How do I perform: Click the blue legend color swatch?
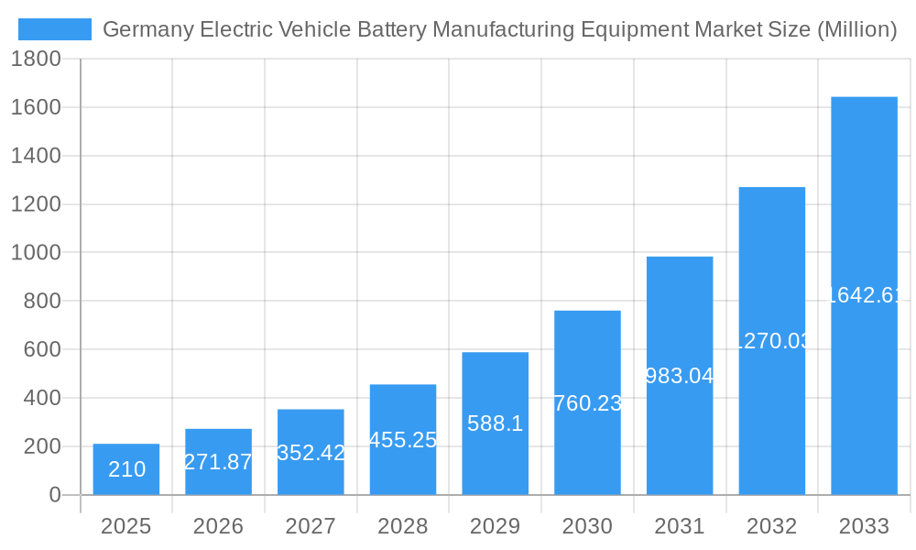(55, 29)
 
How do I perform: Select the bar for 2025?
(126, 469)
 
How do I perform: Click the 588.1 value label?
(495, 423)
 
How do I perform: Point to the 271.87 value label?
(218, 462)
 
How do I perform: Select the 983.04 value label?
(680, 376)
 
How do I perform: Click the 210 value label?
(126, 469)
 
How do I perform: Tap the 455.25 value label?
(403, 440)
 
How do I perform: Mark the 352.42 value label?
(311, 453)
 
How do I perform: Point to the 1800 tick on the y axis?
(36, 59)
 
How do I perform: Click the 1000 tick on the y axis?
(36, 253)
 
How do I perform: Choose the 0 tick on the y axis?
(54, 495)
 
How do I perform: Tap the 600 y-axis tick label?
(41, 349)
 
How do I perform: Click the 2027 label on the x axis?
(311, 526)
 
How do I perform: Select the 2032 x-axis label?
(771, 526)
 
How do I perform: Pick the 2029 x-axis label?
(495, 526)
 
